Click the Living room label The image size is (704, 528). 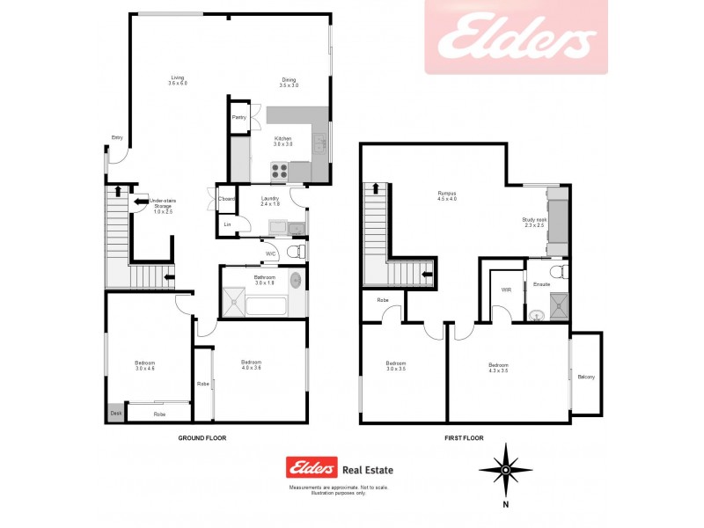tap(179, 80)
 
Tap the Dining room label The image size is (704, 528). tap(289, 83)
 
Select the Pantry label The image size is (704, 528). tap(238, 117)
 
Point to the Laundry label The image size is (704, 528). tap(270, 201)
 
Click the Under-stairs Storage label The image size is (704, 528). tap(163, 207)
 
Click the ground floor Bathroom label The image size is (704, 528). tap(265, 280)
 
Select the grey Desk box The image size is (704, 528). tap(115, 413)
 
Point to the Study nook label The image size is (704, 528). tap(534, 223)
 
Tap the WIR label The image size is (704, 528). tap(506, 290)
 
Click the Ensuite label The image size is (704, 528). tap(541, 284)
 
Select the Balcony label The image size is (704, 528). tap(586, 378)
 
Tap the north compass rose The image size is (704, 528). tap(506, 471)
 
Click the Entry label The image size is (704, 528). tap(116, 137)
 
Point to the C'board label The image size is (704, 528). tap(227, 200)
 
